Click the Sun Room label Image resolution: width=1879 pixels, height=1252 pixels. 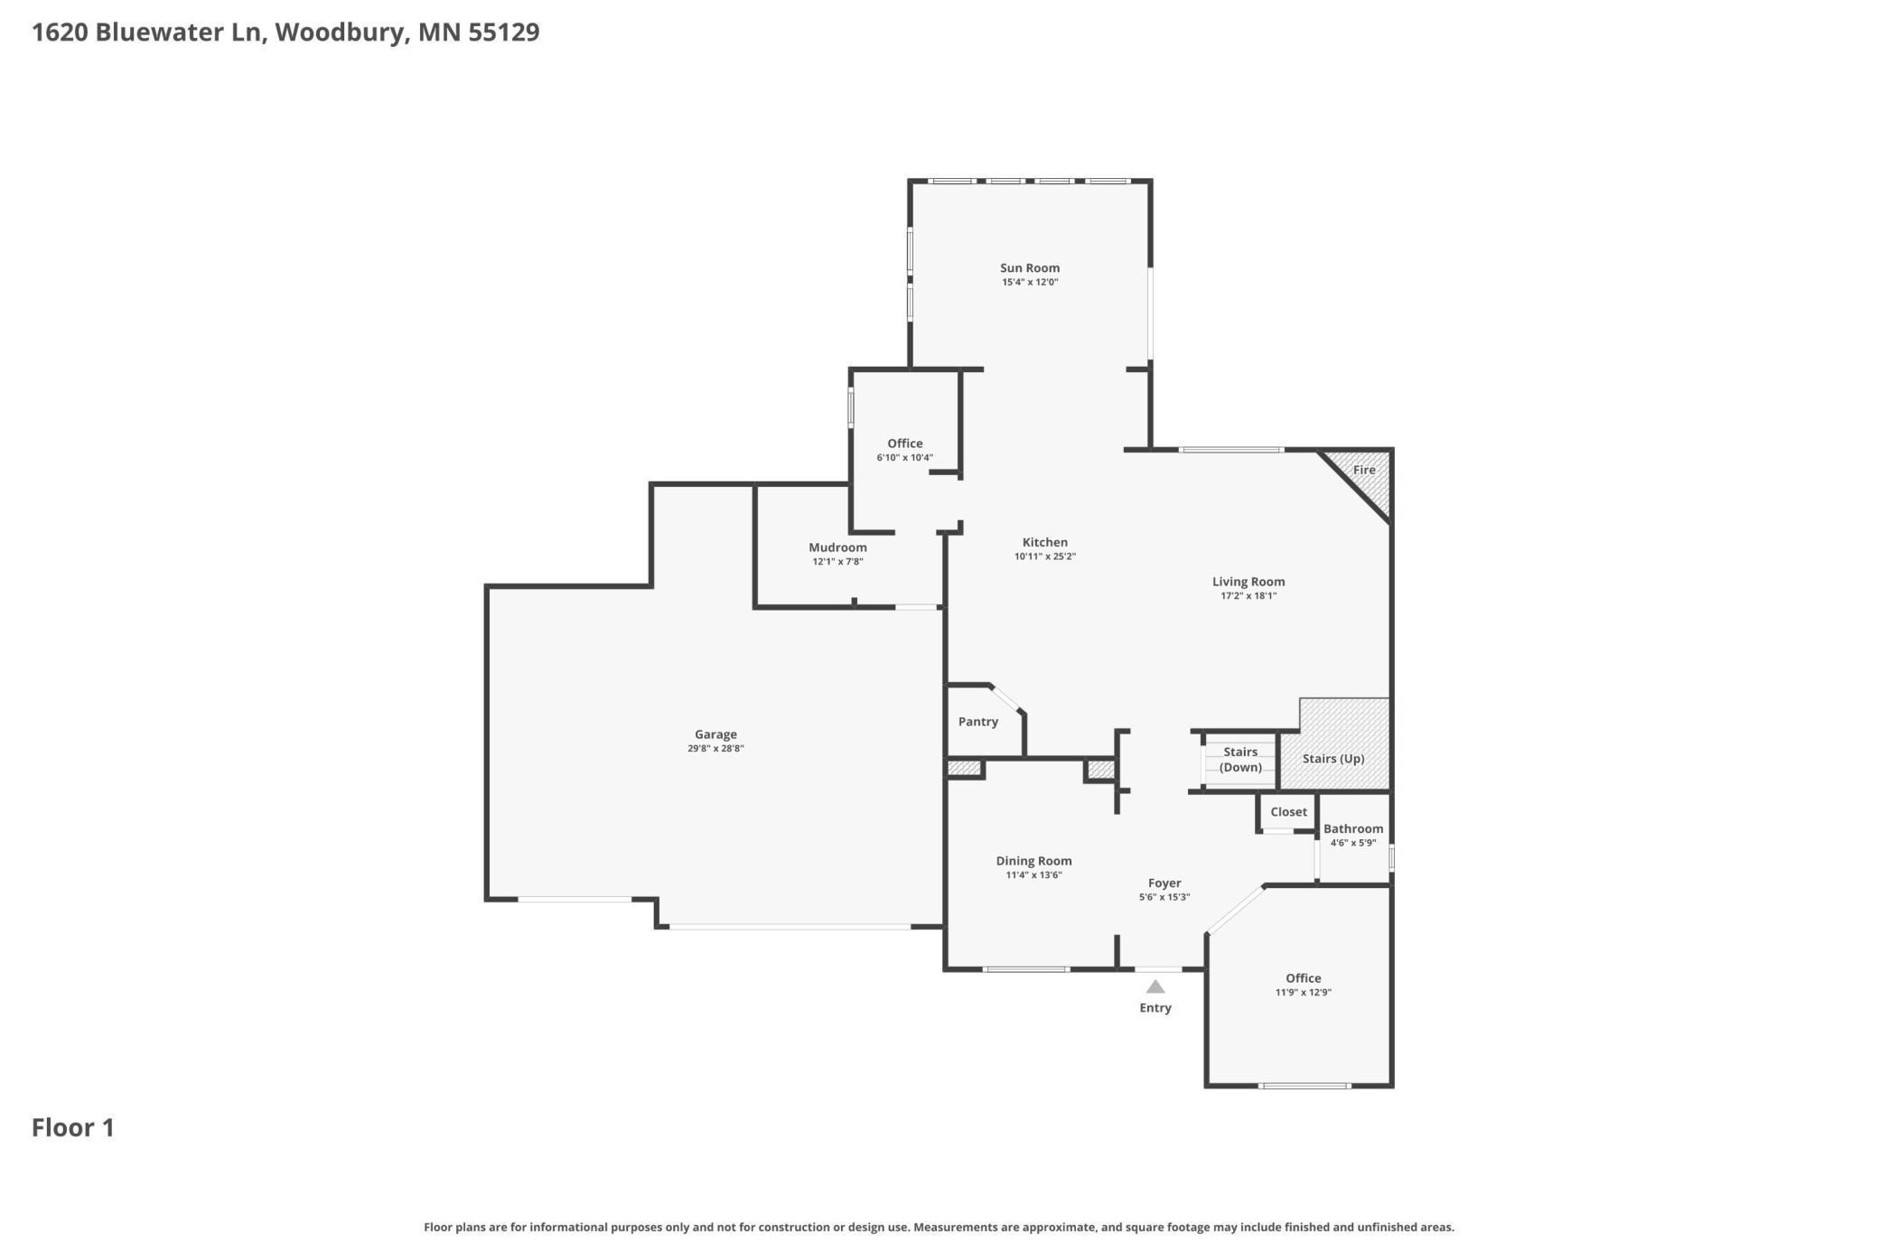pos(1030,267)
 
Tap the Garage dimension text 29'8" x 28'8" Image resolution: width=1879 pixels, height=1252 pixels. pos(715,748)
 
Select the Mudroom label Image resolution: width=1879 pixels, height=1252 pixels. pos(837,547)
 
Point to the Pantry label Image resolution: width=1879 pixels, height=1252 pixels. pos(978,722)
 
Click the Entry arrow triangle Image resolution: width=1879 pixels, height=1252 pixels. pos(1155,986)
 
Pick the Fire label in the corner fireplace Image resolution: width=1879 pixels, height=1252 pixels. pos(1364,470)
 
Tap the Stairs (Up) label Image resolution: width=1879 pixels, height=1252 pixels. pos(1333,759)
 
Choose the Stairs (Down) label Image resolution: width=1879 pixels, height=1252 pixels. pos(1240,760)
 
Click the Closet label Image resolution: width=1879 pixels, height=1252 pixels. pos(1288,812)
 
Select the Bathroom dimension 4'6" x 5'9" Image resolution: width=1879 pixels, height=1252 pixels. pos(1353,843)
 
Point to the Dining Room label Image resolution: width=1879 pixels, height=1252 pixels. pos(1034,861)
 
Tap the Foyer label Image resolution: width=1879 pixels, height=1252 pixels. pos(1164,883)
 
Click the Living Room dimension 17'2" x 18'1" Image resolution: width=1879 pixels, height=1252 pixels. pos(1248,595)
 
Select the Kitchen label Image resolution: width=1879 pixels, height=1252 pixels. pos(1045,543)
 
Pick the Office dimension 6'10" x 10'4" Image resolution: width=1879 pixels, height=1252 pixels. pos(905,457)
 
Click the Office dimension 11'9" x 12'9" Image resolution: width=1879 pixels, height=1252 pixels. pos(1304,992)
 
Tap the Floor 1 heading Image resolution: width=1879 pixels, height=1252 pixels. pos(73,1127)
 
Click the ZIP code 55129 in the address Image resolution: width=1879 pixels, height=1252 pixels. pos(503,33)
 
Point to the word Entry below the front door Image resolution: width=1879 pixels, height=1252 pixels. pos(1155,1008)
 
